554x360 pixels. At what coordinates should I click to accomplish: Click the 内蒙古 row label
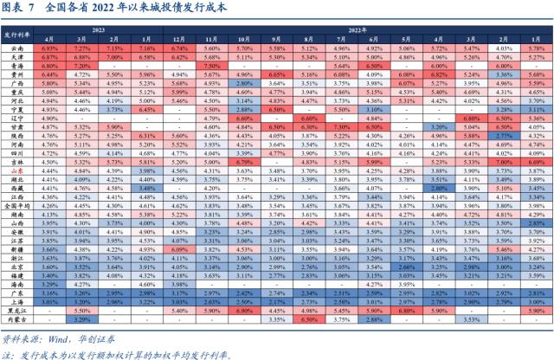click(18, 318)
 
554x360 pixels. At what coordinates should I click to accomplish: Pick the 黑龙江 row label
click(18, 309)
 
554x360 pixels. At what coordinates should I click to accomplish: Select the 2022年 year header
click(357, 29)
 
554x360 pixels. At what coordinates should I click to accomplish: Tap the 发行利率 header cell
click(18, 35)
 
